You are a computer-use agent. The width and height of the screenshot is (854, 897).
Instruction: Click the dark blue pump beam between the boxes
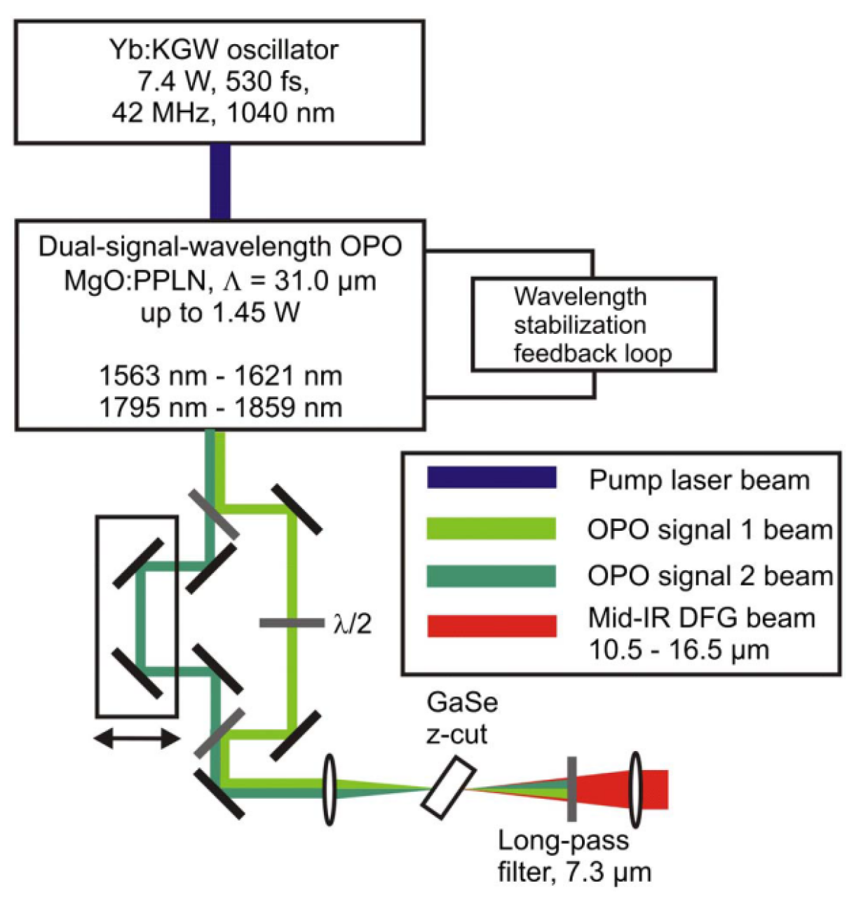point(220,182)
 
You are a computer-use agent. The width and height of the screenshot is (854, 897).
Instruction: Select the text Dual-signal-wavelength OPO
point(220,247)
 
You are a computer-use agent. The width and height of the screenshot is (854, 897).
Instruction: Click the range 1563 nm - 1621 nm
point(220,377)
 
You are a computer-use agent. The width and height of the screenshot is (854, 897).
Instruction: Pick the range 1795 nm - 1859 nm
point(220,408)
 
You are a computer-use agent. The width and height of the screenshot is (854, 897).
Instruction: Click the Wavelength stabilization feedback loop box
point(592,325)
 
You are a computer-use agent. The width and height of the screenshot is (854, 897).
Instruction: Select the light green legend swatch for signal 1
point(492,528)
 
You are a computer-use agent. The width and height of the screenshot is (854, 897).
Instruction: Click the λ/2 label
point(351,623)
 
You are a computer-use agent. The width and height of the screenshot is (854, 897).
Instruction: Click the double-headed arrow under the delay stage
point(137,738)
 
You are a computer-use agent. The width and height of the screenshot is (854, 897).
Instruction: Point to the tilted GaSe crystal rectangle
point(449,788)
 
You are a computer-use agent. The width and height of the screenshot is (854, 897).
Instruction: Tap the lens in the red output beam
point(635,789)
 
